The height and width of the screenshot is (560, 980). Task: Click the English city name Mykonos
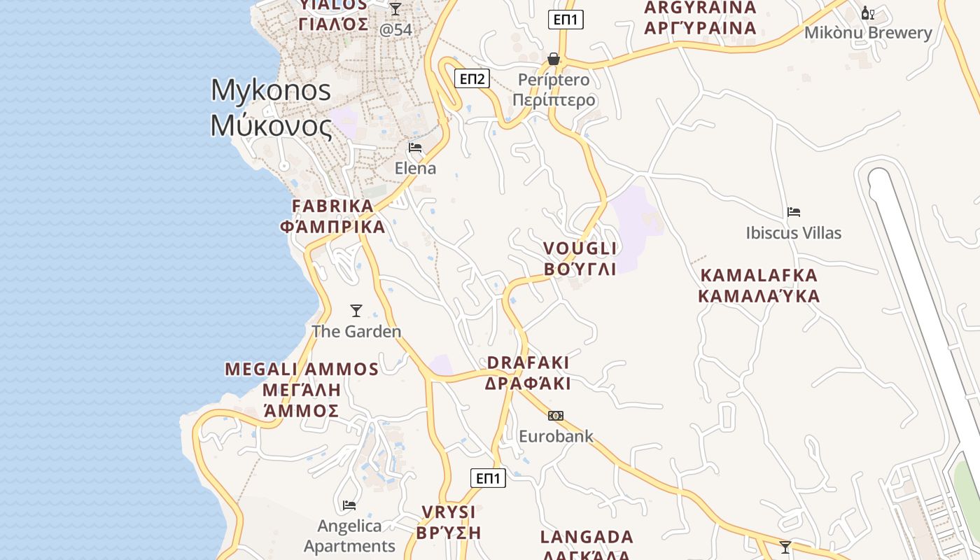tap(270, 90)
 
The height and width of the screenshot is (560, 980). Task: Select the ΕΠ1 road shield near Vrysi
tap(488, 478)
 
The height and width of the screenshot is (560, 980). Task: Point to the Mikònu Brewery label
tap(868, 33)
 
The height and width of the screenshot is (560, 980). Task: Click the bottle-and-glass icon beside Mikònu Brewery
tap(868, 13)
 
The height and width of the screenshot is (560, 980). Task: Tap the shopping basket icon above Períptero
tap(554, 59)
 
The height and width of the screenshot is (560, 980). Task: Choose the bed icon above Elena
tap(415, 148)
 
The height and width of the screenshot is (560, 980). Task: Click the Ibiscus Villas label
tap(793, 233)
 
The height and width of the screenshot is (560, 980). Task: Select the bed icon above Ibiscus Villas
tap(793, 212)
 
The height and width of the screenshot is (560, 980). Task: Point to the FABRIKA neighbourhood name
tap(332, 206)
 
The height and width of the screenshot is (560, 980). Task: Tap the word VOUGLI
tap(580, 248)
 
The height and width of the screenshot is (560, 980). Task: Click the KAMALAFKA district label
tap(759, 275)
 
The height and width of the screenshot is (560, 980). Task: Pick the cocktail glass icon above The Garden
tap(356, 311)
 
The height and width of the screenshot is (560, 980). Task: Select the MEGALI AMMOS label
tap(302, 370)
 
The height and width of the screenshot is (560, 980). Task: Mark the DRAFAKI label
tap(528, 363)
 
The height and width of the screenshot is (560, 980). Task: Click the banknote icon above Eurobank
tap(556, 416)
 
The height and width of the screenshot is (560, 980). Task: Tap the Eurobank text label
tap(556, 437)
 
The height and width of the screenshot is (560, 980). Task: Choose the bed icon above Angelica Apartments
tap(349, 505)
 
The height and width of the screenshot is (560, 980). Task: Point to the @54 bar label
tap(395, 30)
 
